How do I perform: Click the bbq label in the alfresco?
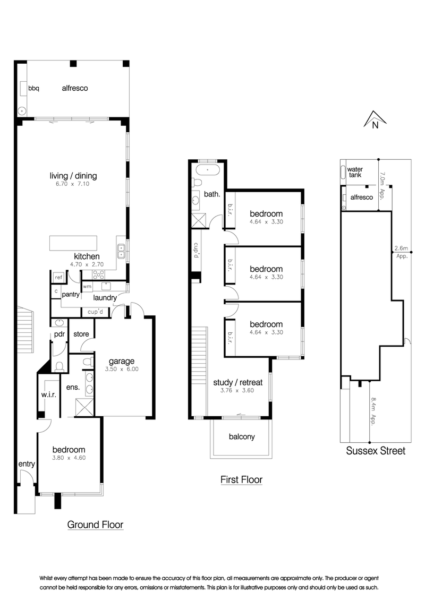coord(34,88)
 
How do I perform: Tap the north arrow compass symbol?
coord(375,119)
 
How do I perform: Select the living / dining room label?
coord(73,176)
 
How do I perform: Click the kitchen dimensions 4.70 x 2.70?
coord(87,264)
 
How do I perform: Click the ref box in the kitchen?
coord(58,277)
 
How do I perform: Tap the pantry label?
coord(71,294)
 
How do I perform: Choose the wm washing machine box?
coord(87,286)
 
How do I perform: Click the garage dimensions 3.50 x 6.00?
coord(122,369)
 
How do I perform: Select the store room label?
coord(81,334)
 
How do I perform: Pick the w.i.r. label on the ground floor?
coord(49,394)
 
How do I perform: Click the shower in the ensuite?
coord(84,407)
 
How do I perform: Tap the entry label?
coord(27,464)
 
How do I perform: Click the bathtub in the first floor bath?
coord(208,169)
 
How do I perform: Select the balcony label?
coord(242,437)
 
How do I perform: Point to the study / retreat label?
coord(238,382)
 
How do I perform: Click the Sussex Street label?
coord(376,451)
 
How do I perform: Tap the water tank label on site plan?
coord(355,172)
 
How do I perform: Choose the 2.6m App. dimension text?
coord(402,252)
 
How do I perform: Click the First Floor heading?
coord(241,480)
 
